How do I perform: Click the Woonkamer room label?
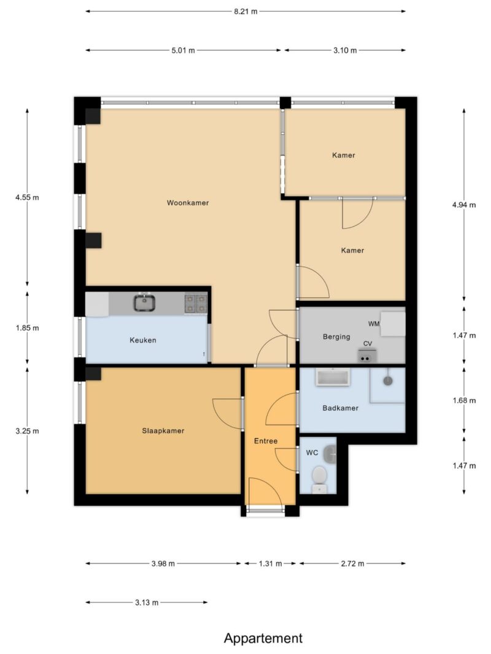pyautogui.click(x=187, y=203)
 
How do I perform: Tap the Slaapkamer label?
pyautogui.click(x=163, y=431)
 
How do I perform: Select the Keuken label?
pyautogui.click(x=143, y=340)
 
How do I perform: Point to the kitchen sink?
pyautogui.click(x=144, y=303)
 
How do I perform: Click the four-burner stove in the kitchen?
pyautogui.click(x=196, y=303)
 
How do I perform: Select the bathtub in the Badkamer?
pyautogui.click(x=333, y=377)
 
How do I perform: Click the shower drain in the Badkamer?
pyautogui.click(x=388, y=381)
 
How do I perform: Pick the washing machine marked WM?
pyautogui.click(x=393, y=324)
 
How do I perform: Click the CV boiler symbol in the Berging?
pyautogui.click(x=367, y=357)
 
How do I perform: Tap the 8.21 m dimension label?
pyautogui.click(x=245, y=11)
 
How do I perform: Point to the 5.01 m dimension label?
pyautogui.click(x=183, y=50)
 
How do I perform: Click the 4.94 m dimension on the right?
pyautogui.click(x=464, y=205)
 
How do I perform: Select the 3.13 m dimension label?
pyautogui.click(x=147, y=603)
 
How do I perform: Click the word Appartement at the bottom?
pyautogui.click(x=263, y=638)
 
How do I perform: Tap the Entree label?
pyautogui.click(x=266, y=441)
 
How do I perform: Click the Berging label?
pyautogui.click(x=336, y=337)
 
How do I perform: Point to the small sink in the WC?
pyautogui.click(x=331, y=454)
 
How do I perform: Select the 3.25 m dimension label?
pyautogui.click(x=27, y=431)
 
